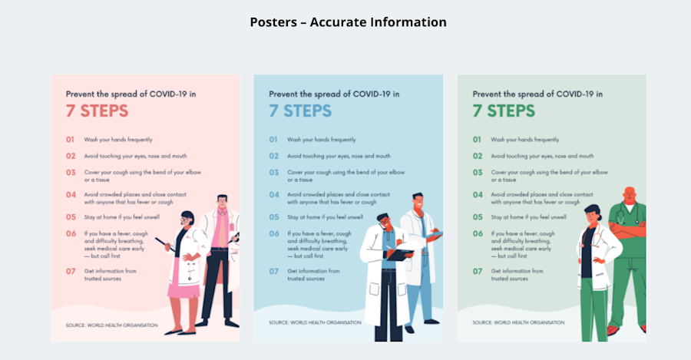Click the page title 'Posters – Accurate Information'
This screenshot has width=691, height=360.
tap(348, 22)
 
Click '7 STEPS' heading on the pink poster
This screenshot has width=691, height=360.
tap(97, 111)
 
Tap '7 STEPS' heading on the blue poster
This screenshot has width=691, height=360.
tap(300, 111)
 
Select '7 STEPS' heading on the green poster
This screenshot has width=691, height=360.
tap(504, 111)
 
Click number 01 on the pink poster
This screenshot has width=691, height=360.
tap(69, 140)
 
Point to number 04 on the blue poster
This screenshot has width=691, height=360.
tap(273, 195)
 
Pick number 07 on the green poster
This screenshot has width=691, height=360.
tap(477, 271)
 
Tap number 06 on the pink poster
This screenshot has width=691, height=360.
tap(70, 233)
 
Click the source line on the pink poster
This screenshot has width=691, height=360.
tap(111, 325)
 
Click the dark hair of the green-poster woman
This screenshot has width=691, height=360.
tap(593, 209)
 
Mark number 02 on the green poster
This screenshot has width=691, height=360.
tap(477, 156)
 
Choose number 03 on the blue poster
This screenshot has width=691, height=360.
tap(273, 173)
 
